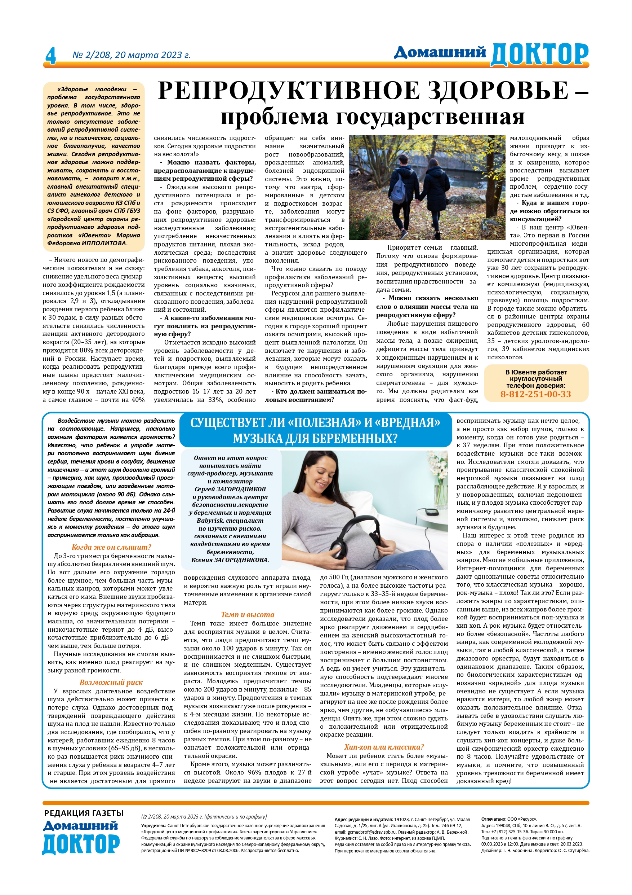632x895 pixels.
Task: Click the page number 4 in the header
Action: tap(50, 55)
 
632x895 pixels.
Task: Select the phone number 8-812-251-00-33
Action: tap(535, 394)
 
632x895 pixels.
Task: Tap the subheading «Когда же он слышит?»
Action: tap(111, 547)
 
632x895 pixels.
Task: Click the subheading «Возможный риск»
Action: tap(111, 682)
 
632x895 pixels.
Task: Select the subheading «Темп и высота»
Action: tap(248, 615)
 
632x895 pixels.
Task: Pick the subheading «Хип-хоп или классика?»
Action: tap(384, 747)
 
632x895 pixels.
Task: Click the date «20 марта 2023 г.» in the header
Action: tap(152, 55)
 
